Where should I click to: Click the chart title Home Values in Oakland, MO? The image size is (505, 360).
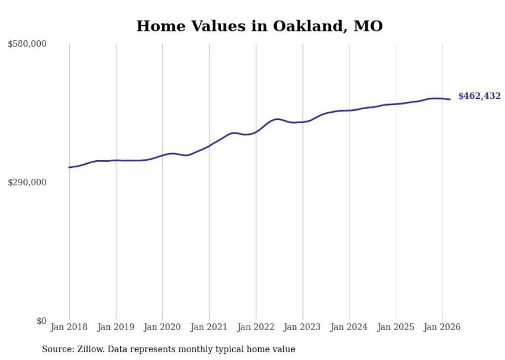(259, 26)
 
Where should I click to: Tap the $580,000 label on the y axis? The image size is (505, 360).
(27, 44)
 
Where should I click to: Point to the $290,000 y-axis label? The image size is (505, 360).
(27, 182)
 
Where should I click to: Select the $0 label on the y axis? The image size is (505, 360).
(41, 321)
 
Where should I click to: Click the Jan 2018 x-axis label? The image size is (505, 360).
(69, 327)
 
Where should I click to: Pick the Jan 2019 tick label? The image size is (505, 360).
(116, 327)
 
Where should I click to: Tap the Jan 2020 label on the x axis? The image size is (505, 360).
(162, 327)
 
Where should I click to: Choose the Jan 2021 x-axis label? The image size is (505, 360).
(209, 327)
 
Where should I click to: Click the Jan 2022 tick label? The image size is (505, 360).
(256, 327)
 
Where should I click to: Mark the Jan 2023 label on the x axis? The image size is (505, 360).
(302, 327)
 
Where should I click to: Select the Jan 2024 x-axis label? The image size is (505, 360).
(349, 327)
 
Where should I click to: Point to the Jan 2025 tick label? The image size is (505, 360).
(396, 327)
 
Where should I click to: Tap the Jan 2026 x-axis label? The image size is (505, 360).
(442, 327)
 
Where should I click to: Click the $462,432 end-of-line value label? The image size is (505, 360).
(479, 96)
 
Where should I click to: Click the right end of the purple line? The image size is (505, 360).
(450, 99)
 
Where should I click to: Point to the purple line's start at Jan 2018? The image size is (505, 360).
(69, 167)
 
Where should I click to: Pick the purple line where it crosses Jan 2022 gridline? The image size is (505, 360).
(256, 132)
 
